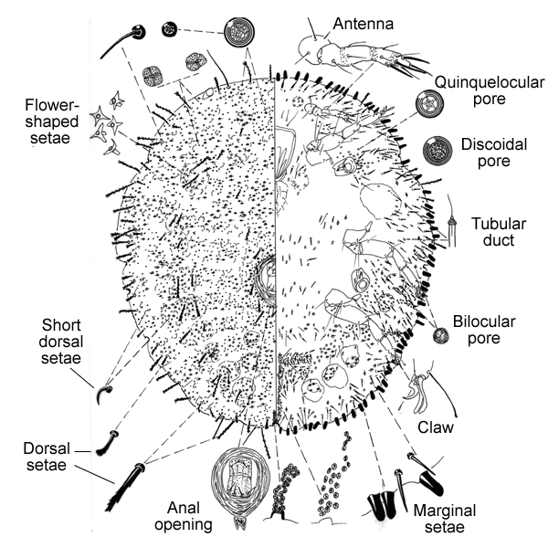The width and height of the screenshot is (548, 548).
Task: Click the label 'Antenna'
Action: pos(363,23)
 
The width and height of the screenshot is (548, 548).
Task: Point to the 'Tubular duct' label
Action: pos(497,232)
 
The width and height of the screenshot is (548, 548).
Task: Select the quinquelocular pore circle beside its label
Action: pos(427,104)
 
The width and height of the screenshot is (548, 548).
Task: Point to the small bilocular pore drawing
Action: pos(440,337)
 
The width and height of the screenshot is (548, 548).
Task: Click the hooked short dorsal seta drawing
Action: pos(104,394)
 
